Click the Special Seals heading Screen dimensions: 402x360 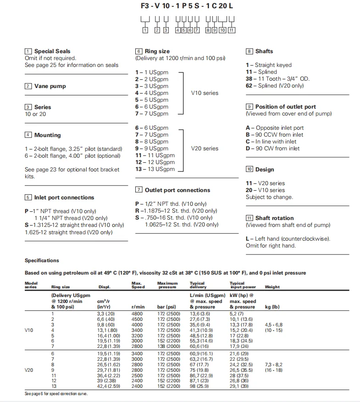point(52,51)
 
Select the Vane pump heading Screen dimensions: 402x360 point(50,86)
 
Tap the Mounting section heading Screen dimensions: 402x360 point(47,135)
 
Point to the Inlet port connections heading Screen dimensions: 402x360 point(64,198)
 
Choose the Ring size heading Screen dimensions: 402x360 point(157,51)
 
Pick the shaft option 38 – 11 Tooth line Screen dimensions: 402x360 point(277,79)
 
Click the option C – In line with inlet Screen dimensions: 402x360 point(271,142)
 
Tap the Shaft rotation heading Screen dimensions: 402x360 point(274,218)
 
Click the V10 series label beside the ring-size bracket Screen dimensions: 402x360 point(205,93)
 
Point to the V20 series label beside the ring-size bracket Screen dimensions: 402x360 point(205,149)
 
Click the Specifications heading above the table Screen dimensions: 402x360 point(42,260)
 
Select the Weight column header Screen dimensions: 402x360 point(272,287)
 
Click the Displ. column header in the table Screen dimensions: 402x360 point(105,287)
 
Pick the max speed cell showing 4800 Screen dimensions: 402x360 point(138,314)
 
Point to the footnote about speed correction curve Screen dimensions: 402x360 point(55,394)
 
